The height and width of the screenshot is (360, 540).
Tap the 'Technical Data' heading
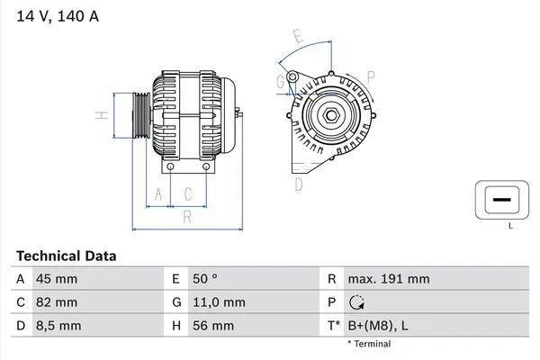[67, 256]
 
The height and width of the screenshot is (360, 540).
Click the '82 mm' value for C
[56, 302]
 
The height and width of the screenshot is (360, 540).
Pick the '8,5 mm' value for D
[58, 326]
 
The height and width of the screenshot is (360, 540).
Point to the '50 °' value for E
[205, 279]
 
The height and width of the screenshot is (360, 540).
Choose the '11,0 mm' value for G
[217, 302]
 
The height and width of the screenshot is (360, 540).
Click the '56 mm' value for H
[212, 326]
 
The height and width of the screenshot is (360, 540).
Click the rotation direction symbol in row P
[356, 302]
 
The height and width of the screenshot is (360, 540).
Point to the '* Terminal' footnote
[368, 344]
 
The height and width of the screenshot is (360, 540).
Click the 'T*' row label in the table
[335, 326]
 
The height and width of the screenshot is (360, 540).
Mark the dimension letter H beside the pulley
[103, 114]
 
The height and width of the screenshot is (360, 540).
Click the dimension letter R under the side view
[186, 216]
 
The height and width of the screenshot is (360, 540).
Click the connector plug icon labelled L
[500, 198]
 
